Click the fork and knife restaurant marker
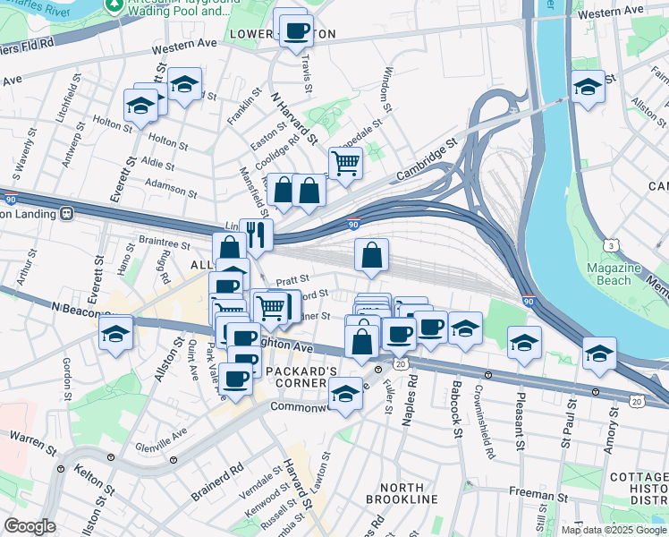257,235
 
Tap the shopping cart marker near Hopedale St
345,164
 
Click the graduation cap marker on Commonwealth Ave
345,392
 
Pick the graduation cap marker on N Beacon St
114,333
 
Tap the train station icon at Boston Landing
65,214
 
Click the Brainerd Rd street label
216,482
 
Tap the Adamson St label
170,189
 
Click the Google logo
30,526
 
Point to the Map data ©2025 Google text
614,529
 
